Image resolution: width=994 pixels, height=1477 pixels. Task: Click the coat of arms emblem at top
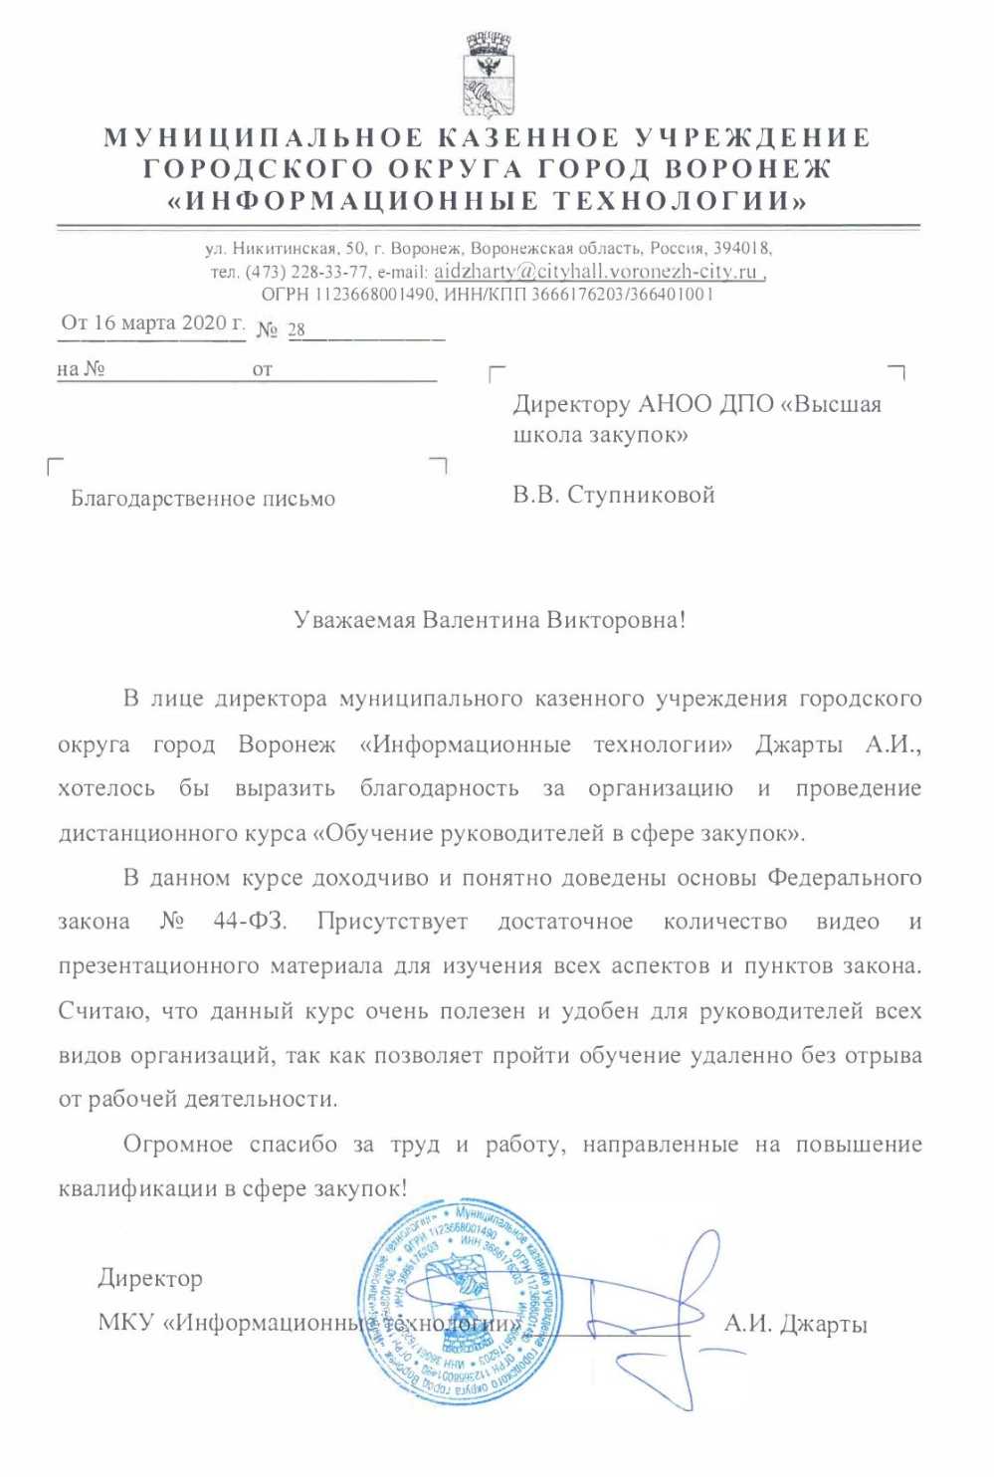pos(488,74)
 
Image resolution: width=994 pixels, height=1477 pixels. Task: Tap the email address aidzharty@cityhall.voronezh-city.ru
pos(597,272)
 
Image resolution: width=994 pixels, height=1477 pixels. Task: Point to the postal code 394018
pos(741,248)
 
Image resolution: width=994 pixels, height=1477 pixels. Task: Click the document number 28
pos(297,329)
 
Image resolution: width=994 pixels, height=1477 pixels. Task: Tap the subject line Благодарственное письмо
pos(203,499)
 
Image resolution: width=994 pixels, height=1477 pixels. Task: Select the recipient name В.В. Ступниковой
pos(614,495)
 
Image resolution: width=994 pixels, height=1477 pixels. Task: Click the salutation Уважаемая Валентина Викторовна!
pos(490,620)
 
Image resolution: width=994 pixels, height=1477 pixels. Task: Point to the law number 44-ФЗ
pos(249,922)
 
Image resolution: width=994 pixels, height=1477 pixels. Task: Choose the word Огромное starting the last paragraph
pos(177,1145)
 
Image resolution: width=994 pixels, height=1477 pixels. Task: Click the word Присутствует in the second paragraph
pos(392,922)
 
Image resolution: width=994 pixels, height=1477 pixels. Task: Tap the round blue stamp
pos(459,1305)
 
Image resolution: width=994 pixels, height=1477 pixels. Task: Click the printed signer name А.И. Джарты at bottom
pos(795,1324)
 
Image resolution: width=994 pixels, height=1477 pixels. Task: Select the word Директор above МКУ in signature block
pos(150,1278)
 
